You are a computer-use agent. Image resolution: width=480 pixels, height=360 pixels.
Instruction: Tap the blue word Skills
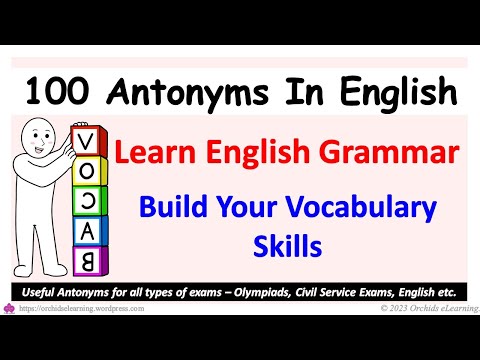coord(288,245)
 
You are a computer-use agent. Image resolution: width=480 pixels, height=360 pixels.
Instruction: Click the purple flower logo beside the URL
coord(8,308)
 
